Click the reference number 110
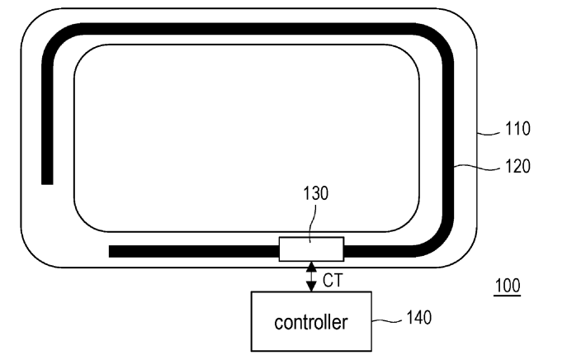point(517,129)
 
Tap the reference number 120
point(517,167)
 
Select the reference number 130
point(315,193)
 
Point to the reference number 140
point(419,318)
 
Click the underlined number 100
point(508,286)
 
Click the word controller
point(311,322)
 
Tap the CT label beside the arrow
point(333,281)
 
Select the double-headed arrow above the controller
point(311,277)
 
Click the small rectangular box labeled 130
point(311,249)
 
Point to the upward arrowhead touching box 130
point(311,267)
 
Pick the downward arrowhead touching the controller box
point(311,287)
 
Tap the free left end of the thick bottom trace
point(110,252)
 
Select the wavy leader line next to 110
point(489,134)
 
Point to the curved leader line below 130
point(314,222)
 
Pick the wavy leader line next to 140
point(387,320)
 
